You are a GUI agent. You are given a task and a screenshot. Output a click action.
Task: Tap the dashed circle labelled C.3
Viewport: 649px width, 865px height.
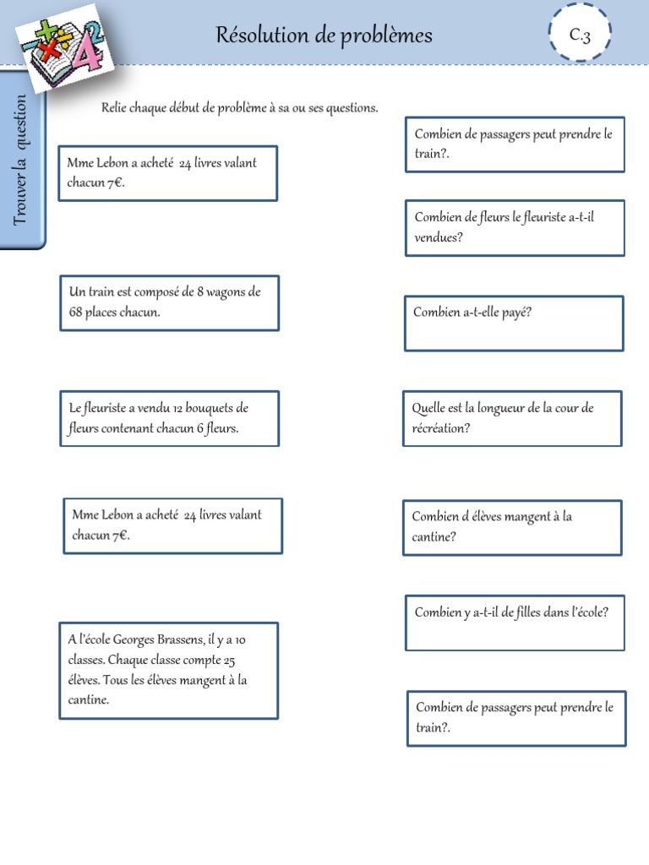coord(579,35)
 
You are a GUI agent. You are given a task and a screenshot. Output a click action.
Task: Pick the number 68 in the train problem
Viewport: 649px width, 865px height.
coord(78,313)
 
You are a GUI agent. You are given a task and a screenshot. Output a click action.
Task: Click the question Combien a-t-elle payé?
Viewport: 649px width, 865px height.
coord(472,313)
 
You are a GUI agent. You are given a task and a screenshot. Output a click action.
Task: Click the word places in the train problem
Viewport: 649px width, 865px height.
coord(103,313)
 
